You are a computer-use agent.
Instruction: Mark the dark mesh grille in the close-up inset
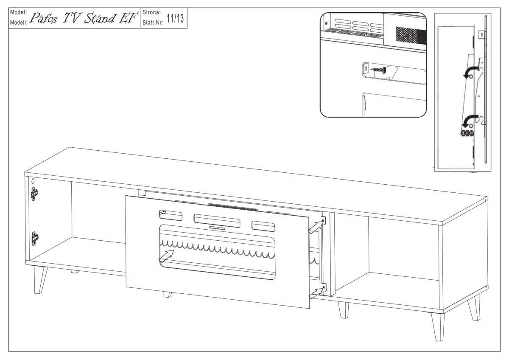coord(410,34)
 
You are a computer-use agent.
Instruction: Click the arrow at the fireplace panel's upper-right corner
coord(315,228)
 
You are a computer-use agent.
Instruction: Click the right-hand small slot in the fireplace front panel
coord(262,225)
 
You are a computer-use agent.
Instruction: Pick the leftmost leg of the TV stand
coord(41,280)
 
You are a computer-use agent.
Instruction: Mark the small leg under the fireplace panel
coord(168,294)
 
